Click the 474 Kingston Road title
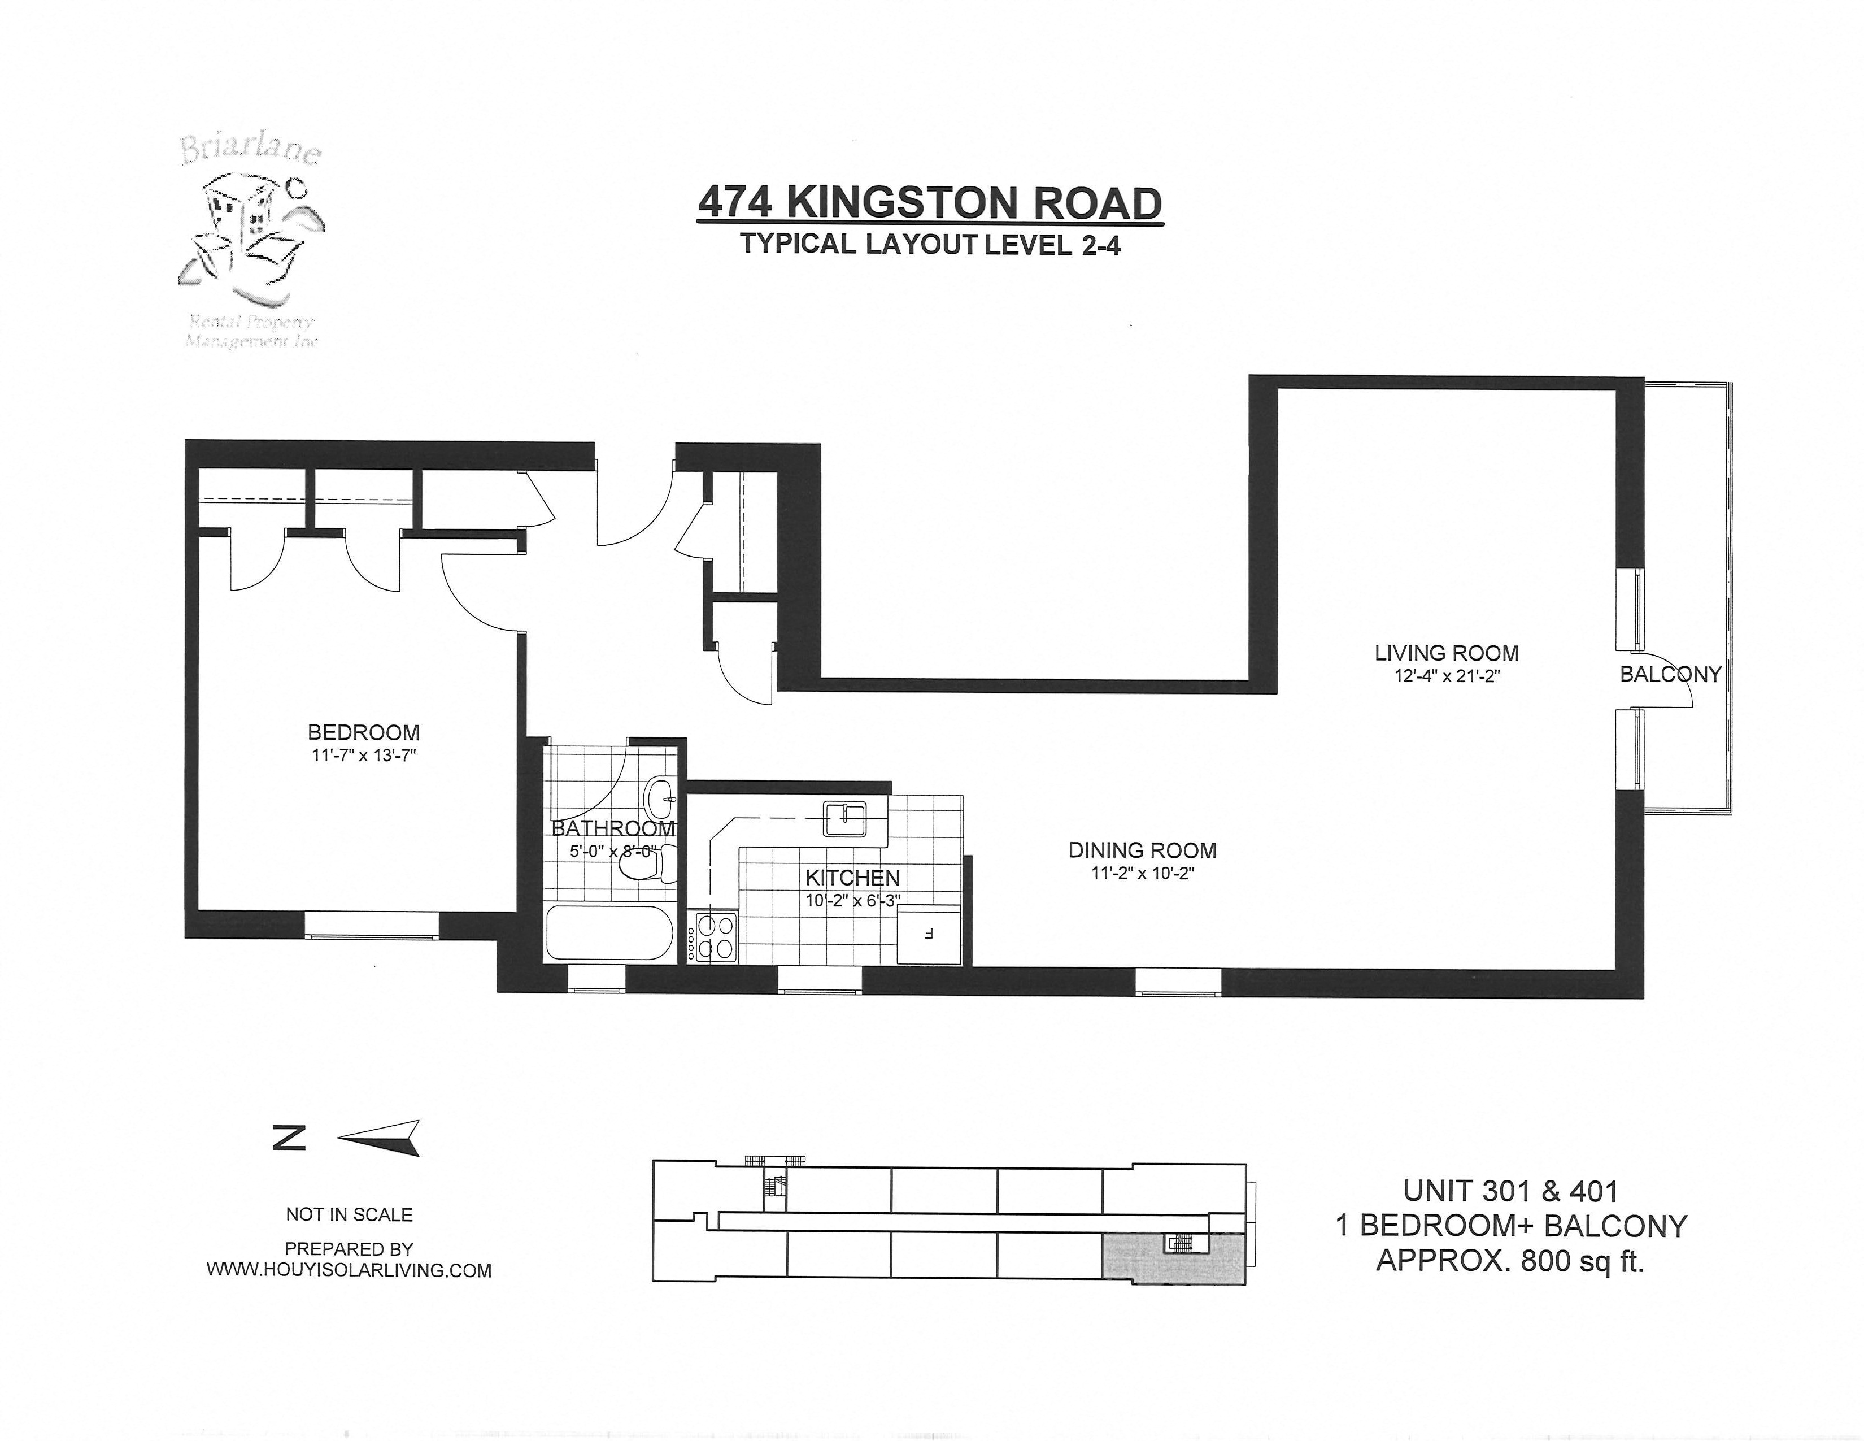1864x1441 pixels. pos(929,204)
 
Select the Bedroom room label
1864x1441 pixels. pos(364,732)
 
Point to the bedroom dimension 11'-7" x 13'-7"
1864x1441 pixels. pos(364,756)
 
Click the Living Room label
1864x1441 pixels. pos(1447,653)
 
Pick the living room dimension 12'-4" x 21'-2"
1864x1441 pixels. pos(1447,676)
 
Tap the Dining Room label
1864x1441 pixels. pos(1142,850)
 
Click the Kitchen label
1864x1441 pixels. pos(852,878)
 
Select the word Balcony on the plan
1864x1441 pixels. pos(1670,674)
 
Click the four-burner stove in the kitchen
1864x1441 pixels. pos(715,937)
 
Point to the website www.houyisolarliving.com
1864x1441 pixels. pos(349,1270)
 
